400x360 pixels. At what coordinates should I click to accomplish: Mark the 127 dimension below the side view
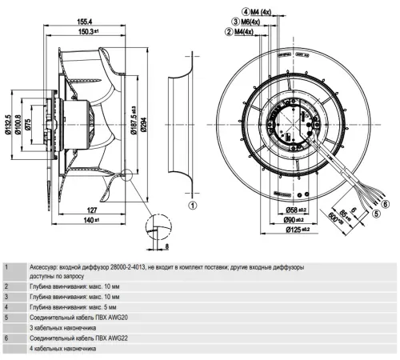pos(91,213)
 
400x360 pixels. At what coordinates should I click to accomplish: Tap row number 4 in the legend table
pos(7,306)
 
